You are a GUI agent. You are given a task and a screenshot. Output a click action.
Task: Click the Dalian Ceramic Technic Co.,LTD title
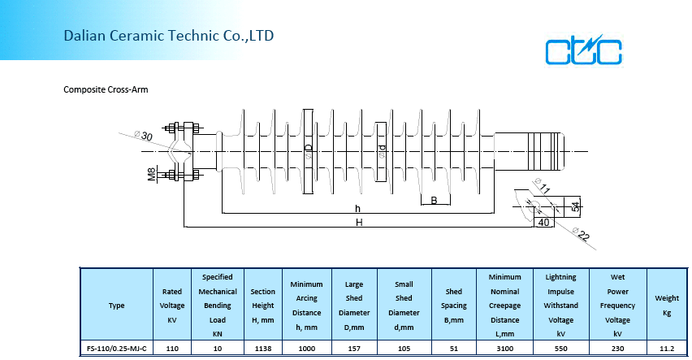pos(168,36)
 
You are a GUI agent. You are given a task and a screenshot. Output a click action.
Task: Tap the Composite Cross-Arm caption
pos(106,89)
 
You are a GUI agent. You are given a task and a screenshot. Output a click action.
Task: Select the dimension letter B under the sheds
pos(434,200)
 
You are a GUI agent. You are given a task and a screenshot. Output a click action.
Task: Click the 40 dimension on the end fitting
pos(543,222)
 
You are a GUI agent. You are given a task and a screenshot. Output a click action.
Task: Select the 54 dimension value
pos(576,206)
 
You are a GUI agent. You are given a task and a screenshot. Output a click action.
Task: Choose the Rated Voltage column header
pos(171,306)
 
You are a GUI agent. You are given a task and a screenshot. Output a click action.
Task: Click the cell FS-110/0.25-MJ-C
pos(116,348)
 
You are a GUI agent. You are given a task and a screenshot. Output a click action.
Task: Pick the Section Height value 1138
pos(262,348)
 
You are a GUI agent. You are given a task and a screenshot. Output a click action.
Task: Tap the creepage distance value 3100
pos(504,348)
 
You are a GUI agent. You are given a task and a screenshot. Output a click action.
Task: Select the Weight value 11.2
pos(666,348)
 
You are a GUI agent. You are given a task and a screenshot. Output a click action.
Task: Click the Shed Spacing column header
pos(454,306)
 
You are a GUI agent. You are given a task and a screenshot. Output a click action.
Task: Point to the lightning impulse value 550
pos(560,348)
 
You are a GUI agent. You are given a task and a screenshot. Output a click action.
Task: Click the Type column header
pos(116,306)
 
